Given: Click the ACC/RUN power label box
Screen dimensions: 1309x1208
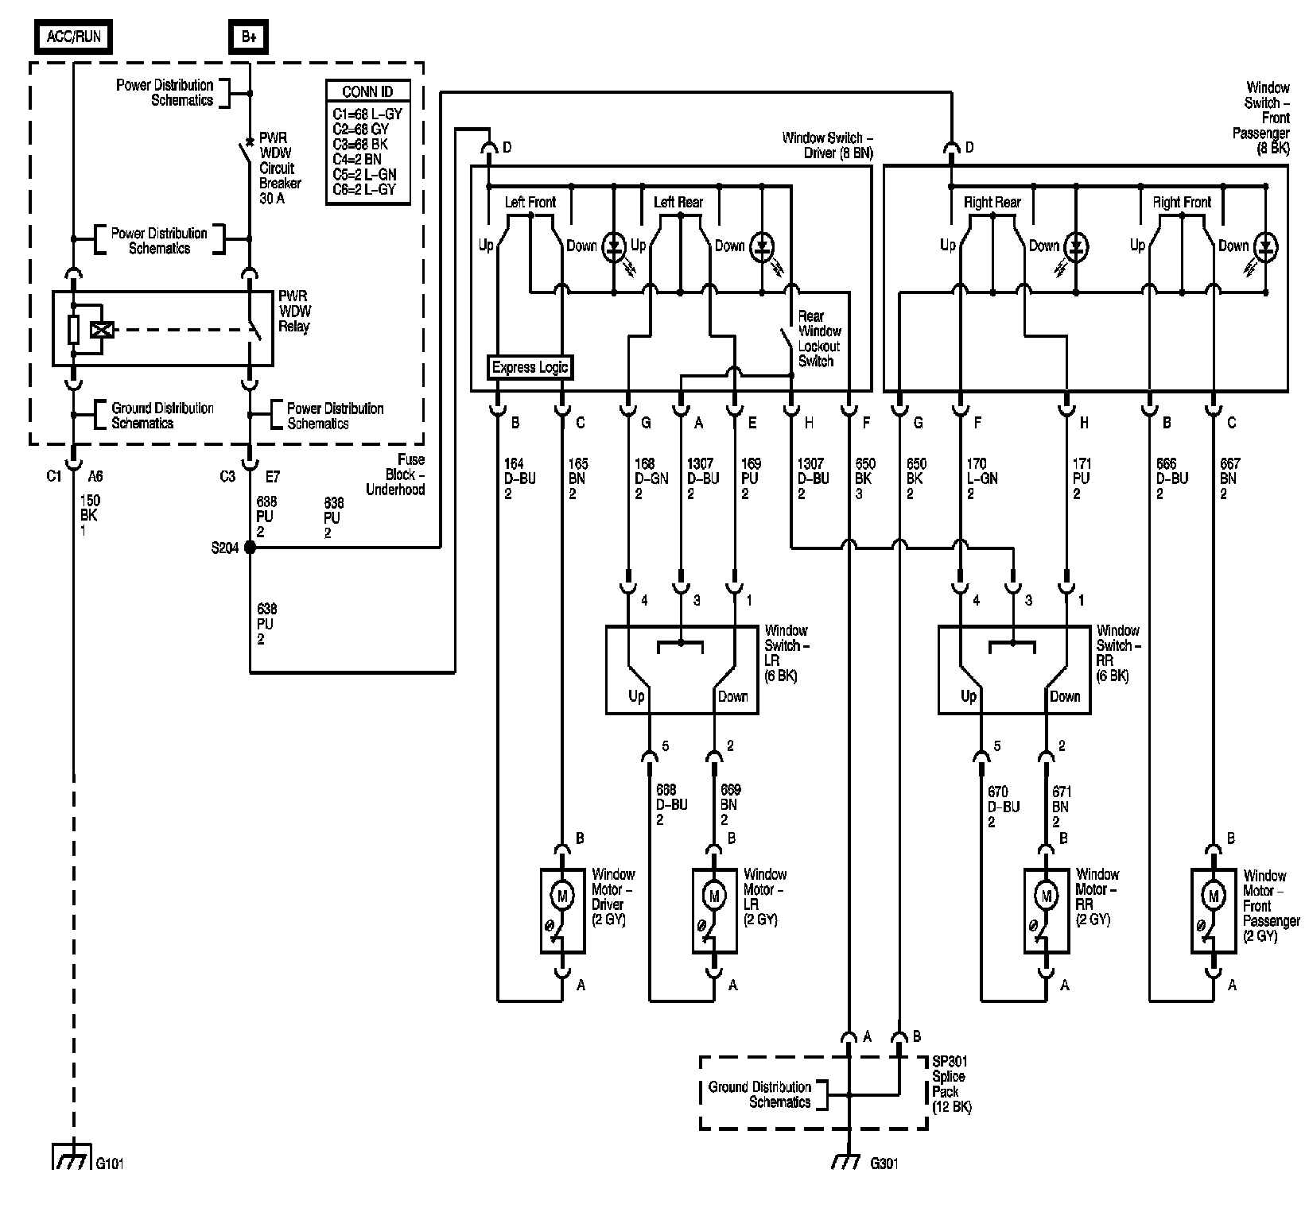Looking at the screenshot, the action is tap(74, 37).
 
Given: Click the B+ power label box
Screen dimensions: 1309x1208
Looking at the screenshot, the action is tap(249, 37).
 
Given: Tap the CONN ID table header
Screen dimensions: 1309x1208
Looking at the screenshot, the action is tap(367, 91).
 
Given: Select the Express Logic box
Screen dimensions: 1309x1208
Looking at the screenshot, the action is tap(530, 367).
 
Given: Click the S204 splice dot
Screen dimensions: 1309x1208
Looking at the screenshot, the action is tap(250, 548).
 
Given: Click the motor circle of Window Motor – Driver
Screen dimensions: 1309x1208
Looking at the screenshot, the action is tap(563, 896).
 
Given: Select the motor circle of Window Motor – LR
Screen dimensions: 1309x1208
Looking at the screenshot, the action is tap(714, 896).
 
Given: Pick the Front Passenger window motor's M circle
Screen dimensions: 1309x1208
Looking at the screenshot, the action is tap(1214, 896).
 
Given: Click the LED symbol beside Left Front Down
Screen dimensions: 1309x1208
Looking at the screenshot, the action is tap(614, 246).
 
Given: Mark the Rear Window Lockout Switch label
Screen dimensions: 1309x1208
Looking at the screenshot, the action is tap(819, 339).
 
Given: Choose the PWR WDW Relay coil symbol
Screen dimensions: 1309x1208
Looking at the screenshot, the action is tap(102, 329).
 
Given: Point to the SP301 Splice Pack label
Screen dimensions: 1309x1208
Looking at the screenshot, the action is tap(952, 1084).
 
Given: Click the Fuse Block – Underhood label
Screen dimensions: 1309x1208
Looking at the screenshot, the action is tap(395, 474).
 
